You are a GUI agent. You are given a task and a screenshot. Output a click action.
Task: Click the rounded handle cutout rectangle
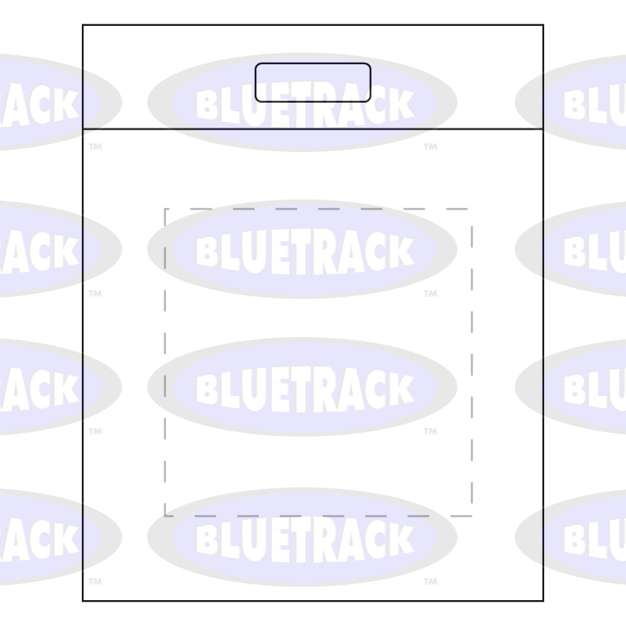pos(313,83)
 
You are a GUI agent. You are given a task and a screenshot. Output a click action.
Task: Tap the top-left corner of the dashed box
pos(165,209)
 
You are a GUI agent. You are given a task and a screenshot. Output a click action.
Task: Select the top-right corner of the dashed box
pos(472,209)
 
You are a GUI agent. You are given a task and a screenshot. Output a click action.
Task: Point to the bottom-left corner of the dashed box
pos(165,516)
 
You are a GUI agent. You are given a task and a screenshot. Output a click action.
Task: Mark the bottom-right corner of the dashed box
pos(472,516)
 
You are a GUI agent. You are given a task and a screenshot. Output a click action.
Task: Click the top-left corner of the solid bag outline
pos(83,25)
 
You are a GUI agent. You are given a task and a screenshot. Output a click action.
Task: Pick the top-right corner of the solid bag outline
pos(543,25)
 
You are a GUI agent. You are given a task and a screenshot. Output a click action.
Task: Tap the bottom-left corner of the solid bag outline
pos(83,600)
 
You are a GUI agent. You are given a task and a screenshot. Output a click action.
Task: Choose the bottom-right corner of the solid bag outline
pos(543,600)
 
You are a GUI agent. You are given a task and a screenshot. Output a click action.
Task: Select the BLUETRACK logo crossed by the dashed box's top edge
pos(302,250)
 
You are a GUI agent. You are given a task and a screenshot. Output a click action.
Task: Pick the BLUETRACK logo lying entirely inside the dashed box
pos(302,387)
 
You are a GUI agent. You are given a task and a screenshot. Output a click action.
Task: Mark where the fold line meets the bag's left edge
pos(83,129)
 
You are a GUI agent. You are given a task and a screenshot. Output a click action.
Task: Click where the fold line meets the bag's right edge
pos(543,129)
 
